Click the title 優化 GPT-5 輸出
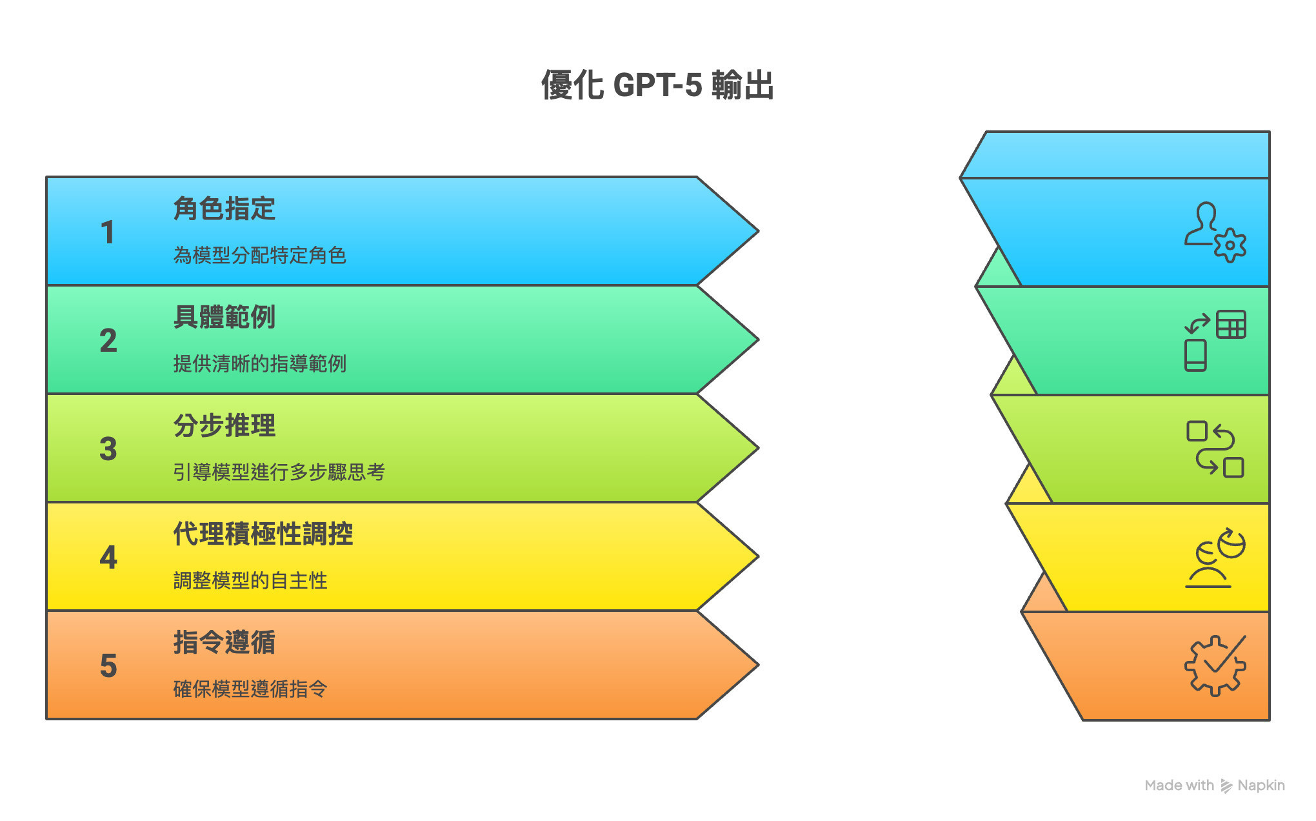click(657, 85)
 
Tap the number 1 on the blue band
click(108, 232)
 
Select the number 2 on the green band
click(108, 341)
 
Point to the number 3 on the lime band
click(108, 449)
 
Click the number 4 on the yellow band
click(108, 558)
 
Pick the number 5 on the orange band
click(108, 666)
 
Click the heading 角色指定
click(224, 208)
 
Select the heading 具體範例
click(224, 317)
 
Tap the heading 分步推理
click(224, 425)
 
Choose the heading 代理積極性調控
click(263, 534)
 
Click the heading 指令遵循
click(224, 642)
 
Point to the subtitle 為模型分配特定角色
click(260, 256)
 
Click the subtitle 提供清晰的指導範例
click(260, 364)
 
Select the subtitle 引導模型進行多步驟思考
click(279, 472)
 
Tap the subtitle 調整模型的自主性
click(250, 581)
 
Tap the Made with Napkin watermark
click(1214, 786)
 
